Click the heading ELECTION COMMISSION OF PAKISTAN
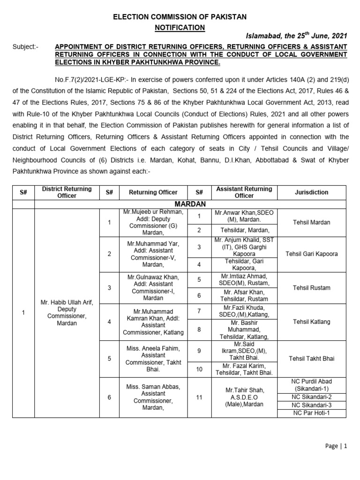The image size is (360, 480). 180,17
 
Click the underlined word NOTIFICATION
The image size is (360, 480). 180,28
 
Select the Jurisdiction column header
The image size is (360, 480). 312,192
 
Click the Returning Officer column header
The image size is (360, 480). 153,192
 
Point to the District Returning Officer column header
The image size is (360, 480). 67,192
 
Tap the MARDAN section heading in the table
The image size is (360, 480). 190,204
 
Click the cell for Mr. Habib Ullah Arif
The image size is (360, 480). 67,313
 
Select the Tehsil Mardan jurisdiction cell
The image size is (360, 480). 312,222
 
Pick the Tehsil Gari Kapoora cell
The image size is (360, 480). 312,254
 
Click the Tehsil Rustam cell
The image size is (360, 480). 312,288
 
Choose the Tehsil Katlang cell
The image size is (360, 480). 312,322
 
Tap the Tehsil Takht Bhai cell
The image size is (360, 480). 312,359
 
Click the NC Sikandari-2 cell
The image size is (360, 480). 312,397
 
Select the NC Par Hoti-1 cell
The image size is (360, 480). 312,413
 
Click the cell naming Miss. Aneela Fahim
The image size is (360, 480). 153,359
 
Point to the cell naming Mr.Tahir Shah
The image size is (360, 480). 244,397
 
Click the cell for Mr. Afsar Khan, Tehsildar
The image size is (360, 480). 244,296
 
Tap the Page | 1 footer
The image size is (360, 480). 336,447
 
